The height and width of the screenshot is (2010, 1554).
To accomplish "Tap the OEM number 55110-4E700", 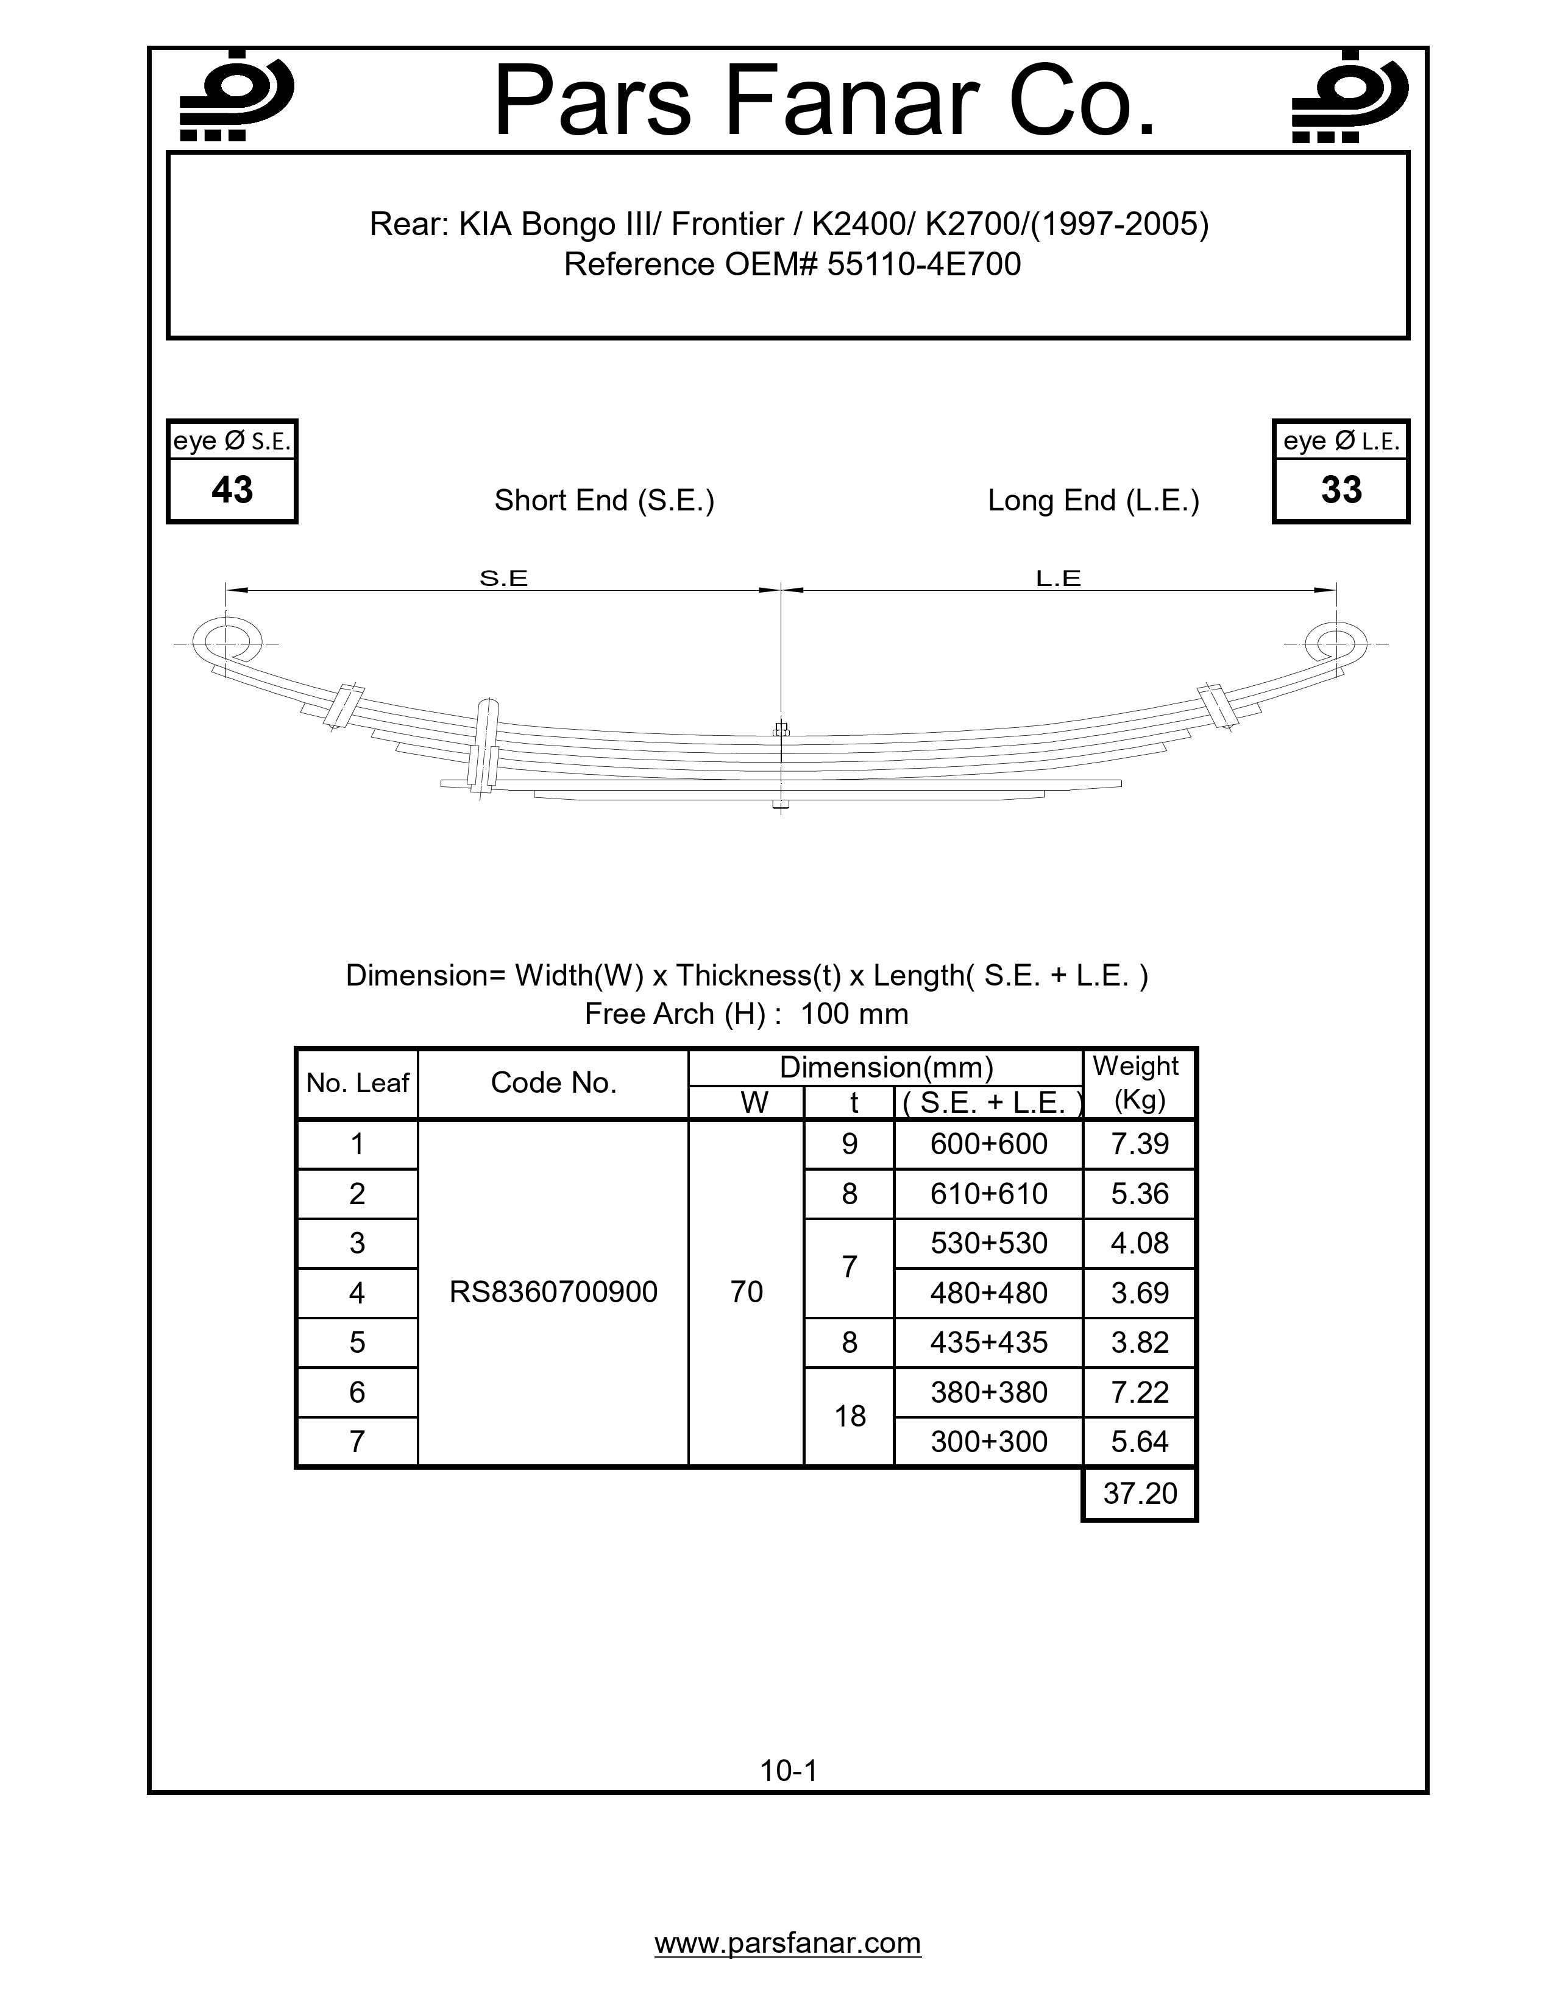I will point(923,265).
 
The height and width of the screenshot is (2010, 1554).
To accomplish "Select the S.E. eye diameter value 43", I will point(232,490).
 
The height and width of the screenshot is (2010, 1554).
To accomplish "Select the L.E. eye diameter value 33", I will point(1341,490).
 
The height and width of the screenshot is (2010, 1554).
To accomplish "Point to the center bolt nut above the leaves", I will point(781,731).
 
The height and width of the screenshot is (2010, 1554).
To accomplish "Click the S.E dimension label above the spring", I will point(503,578).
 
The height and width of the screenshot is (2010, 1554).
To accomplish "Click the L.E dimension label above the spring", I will point(1058,578).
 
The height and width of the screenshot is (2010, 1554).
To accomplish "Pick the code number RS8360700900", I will point(553,1292).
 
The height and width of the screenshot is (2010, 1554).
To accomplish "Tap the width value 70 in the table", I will point(747,1292).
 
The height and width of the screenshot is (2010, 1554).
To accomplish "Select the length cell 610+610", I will point(988,1194).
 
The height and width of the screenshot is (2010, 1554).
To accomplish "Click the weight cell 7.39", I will point(1140,1144).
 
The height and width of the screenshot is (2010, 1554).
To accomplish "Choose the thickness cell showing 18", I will point(850,1416).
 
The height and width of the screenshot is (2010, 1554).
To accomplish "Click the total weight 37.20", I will point(1140,1493).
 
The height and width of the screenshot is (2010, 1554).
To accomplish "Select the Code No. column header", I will point(553,1083).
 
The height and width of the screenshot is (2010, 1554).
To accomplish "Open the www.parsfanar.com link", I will point(788,1943).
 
